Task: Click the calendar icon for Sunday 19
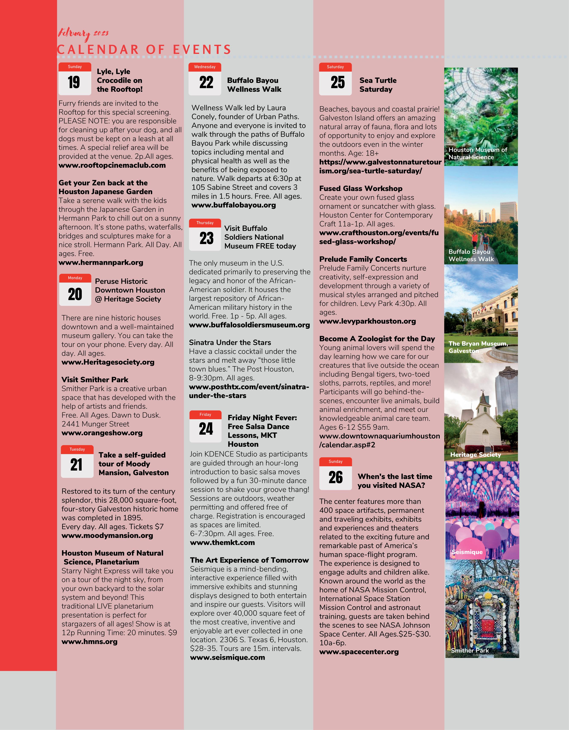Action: (75, 79)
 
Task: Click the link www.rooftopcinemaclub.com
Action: (112, 165)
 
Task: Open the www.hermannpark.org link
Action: (101, 262)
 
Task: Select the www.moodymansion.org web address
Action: (107, 535)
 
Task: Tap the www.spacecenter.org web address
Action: (359, 652)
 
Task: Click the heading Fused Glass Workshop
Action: (361, 188)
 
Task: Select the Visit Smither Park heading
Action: (95, 380)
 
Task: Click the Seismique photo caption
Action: (467, 552)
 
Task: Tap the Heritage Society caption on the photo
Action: (475, 455)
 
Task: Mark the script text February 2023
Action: (83, 33)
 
